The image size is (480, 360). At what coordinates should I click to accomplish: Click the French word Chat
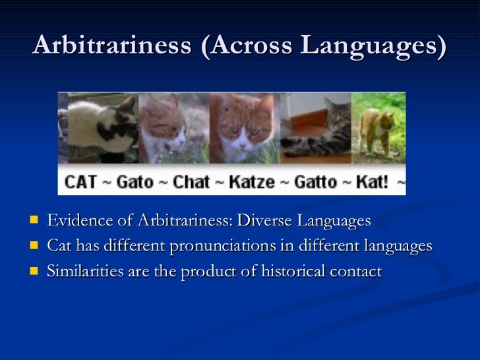(x=191, y=181)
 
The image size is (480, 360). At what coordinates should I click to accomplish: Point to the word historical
(x=284, y=271)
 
